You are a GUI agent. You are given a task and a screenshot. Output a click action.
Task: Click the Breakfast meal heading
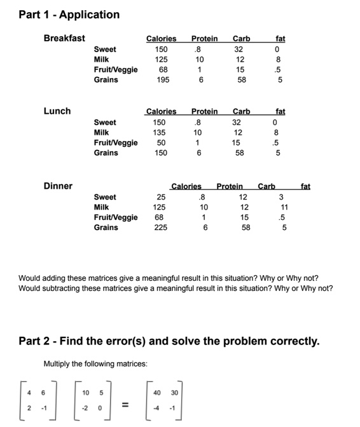(64, 38)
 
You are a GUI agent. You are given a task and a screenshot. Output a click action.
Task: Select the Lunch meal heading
(57, 111)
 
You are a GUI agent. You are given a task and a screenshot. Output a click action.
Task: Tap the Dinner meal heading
(58, 186)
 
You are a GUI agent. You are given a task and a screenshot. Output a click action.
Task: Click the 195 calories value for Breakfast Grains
(163, 80)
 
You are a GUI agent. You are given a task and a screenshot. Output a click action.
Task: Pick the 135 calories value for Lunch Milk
(160, 133)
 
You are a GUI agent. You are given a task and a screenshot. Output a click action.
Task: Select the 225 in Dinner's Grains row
(161, 227)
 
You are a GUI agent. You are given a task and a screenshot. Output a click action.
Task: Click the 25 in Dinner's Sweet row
(162, 197)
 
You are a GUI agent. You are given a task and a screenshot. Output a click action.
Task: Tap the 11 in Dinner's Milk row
(284, 207)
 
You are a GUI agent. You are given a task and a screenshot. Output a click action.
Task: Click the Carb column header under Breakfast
(241, 39)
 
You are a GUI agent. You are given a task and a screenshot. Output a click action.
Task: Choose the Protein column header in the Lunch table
(204, 112)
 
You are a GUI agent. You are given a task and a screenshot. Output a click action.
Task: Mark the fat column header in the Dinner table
(305, 187)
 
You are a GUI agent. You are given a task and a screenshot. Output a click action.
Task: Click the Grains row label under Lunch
(106, 153)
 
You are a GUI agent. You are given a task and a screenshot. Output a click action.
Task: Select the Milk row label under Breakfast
(101, 60)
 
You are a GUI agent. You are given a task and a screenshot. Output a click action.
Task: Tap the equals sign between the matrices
(125, 404)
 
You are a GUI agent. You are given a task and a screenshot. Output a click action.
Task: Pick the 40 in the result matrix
(155, 393)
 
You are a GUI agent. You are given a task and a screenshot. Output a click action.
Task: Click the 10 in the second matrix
(85, 393)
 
